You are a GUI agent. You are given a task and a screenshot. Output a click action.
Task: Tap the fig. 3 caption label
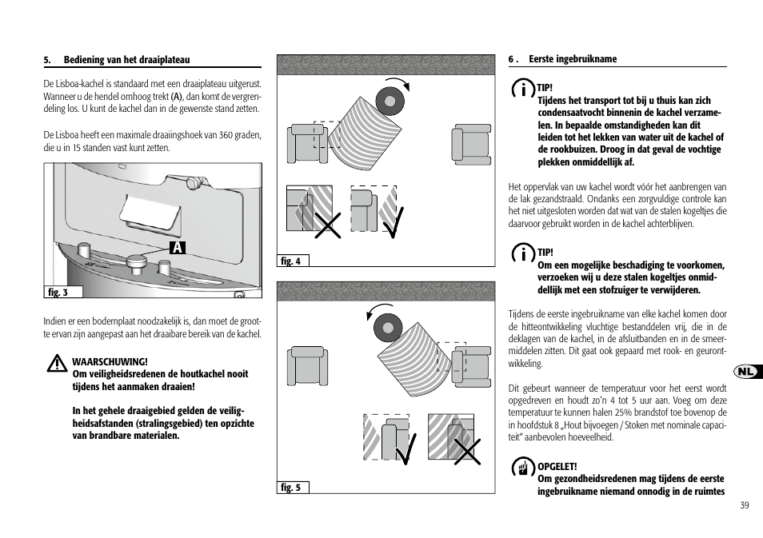click(58, 293)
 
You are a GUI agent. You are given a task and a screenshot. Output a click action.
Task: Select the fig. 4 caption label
click(291, 261)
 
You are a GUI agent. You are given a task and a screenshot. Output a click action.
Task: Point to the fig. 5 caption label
click(291, 487)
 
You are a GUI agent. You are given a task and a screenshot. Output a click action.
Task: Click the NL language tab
click(746, 373)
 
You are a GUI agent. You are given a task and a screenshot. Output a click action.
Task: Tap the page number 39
click(744, 504)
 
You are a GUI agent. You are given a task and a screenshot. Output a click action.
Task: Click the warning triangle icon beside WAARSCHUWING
click(56, 365)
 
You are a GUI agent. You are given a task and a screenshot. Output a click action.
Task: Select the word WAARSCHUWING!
click(110, 361)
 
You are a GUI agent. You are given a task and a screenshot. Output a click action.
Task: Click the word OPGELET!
click(557, 466)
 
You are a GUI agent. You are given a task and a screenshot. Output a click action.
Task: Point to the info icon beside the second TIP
click(523, 254)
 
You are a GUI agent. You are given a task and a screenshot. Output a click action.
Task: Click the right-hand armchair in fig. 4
click(471, 144)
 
